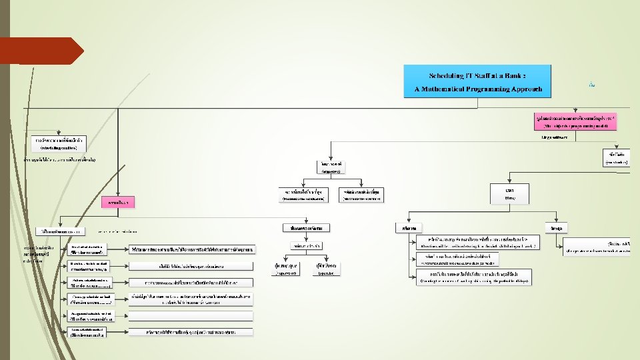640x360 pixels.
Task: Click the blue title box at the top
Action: click(477, 81)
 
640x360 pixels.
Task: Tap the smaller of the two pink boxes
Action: click(118, 201)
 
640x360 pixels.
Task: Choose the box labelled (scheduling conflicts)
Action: click(59, 143)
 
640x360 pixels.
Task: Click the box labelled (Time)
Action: click(510, 194)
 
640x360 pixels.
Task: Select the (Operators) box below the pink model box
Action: click(331, 167)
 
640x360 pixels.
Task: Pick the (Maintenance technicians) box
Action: click(303, 195)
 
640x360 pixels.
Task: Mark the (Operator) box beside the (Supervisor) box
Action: click(326, 270)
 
